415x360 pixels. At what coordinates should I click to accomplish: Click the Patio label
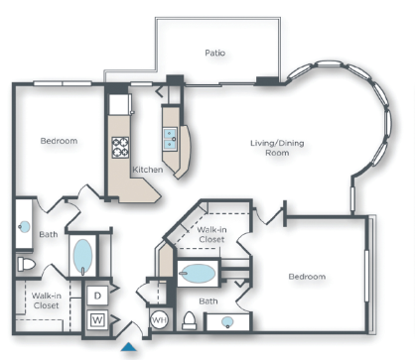point(215,53)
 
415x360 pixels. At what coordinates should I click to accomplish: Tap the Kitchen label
point(149,170)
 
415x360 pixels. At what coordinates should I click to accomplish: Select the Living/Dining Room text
point(277,149)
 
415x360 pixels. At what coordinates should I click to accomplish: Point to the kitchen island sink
point(170,136)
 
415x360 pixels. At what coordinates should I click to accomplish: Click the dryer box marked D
point(98,296)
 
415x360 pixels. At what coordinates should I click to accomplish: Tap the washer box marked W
point(98,319)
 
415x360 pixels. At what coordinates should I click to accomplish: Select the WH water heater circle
point(159,320)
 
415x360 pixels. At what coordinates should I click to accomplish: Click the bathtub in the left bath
point(83,256)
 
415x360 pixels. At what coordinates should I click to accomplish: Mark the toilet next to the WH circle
point(189,321)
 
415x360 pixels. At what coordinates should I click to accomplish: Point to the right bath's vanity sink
point(228,321)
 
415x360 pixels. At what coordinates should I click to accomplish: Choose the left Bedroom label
point(59,141)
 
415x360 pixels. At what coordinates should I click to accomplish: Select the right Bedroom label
point(307,276)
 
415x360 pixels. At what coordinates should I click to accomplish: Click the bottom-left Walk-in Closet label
point(47,300)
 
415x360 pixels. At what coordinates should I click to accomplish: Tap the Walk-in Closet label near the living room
point(209,234)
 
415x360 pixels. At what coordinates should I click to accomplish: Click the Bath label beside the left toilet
point(49,235)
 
